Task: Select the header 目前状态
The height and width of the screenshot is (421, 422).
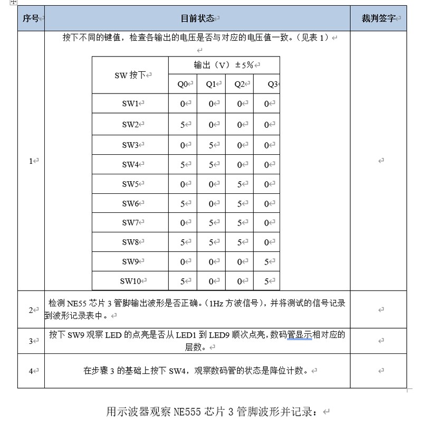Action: pyautogui.click(x=197, y=18)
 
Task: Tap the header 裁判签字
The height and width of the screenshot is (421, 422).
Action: pyautogui.click(x=378, y=18)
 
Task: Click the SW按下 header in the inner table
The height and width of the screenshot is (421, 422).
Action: pyautogui.click(x=130, y=75)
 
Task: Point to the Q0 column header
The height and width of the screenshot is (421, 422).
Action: pyautogui.click(x=183, y=85)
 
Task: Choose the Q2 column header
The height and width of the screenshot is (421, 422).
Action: pyautogui.click(x=239, y=85)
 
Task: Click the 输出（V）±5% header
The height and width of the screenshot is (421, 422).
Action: pyautogui.click(x=224, y=65)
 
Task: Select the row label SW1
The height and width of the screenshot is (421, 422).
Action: pyautogui.click(x=130, y=104)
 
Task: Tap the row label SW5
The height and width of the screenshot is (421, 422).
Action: pyautogui.click(x=130, y=184)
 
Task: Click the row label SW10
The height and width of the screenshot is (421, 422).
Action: pyautogui.click(x=130, y=281)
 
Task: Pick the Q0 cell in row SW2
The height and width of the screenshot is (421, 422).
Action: pyautogui.click(x=183, y=125)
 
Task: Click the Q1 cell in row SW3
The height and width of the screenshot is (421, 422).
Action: pyautogui.click(x=211, y=145)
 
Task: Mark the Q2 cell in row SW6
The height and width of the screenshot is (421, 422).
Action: pyautogui.click(x=239, y=204)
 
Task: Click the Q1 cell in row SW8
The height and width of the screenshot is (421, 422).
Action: pyautogui.click(x=211, y=242)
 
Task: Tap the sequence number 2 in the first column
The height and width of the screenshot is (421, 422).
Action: pyautogui.click(x=31, y=310)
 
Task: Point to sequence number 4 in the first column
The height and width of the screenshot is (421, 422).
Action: pyautogui.click(x=31, y=371)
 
